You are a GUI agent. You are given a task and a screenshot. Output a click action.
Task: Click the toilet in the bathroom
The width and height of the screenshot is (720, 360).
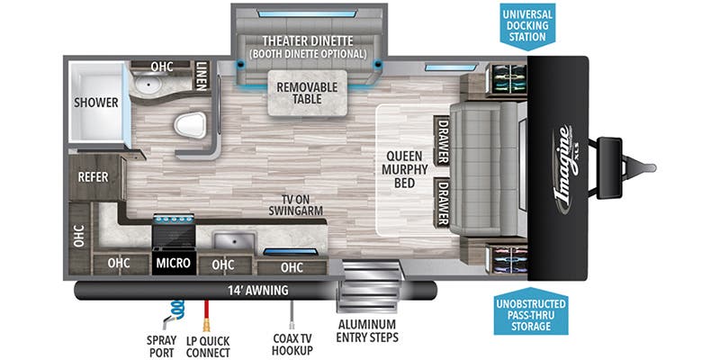(x=190, y=125)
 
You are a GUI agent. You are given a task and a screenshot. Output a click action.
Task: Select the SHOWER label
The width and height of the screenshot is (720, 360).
(x=96, y=103)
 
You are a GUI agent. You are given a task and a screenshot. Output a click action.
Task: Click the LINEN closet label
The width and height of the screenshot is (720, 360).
(x=202, y=76)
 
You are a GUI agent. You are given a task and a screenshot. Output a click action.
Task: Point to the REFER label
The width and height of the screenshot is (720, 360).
(x=93, y=176)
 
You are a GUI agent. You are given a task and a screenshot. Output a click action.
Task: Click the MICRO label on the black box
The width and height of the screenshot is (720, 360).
(x=173, y=263)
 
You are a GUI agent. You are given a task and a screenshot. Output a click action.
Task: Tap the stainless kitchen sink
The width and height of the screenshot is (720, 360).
(x=234, y=240)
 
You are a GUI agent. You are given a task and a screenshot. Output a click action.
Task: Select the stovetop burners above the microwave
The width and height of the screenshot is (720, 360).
(x=174, y=219)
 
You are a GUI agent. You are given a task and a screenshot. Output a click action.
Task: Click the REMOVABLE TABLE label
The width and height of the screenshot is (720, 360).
(x=307, y=94)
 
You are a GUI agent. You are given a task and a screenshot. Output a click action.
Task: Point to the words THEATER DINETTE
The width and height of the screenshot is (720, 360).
(x=308, y=40)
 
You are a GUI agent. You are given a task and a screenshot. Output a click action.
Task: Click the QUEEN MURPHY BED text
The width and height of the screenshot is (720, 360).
(x=404, y=169)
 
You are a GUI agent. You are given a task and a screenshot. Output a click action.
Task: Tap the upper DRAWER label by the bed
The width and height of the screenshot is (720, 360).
(x=442, y=141)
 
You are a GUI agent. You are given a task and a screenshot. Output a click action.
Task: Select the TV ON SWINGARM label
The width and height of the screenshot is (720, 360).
(x=296, y=205)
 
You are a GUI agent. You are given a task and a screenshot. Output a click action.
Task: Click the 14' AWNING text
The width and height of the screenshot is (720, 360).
(x=258, y=290)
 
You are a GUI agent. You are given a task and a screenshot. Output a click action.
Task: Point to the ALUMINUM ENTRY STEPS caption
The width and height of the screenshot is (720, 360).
(x=367, y=330)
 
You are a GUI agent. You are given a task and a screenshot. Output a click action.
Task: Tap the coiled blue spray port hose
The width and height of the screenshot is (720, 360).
(x=176, y=309)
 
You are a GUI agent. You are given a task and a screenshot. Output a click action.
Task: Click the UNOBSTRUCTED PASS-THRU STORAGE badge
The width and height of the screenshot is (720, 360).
(x=530, y=310)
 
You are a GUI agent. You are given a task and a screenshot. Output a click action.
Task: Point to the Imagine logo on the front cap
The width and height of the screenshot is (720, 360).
(x=565, y=171)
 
